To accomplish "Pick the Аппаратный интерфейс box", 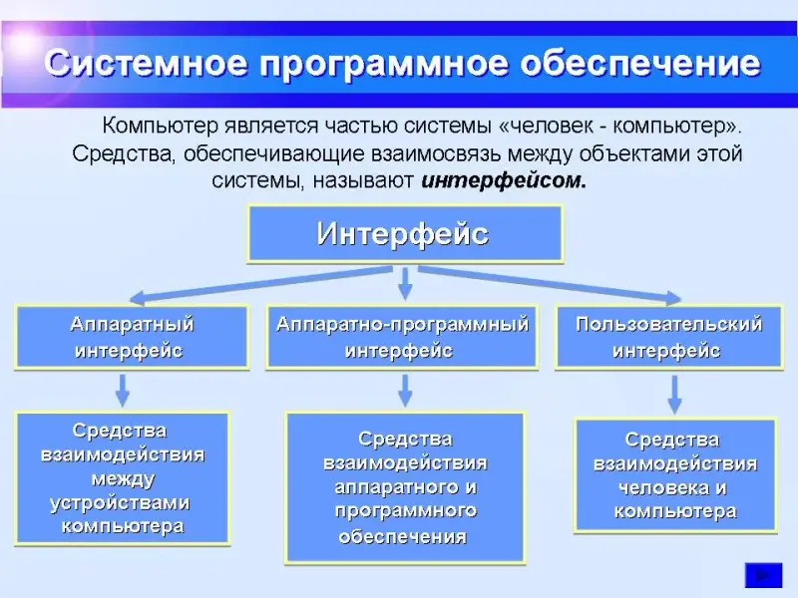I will (132, 338).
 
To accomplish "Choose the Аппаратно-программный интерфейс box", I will (402, 338).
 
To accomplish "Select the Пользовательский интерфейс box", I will (667, 338).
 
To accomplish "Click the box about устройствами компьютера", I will (123, 478).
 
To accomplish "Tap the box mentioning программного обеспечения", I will (404, 487).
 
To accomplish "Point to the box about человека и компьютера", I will (675, 475).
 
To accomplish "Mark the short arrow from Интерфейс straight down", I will (405, 284).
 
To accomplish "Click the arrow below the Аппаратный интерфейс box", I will (122, 389).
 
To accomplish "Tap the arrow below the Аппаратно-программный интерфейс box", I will (405, 389).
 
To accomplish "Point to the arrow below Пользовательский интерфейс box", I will (675, 394).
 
